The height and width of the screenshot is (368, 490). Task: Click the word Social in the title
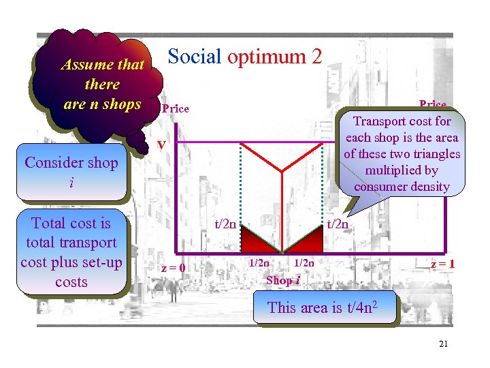point(194,57)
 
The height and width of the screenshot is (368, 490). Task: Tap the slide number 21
point(443,344)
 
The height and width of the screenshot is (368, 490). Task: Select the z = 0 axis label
point(173,268)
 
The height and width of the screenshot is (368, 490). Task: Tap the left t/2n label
point(226,223)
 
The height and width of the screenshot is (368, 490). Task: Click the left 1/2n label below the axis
point(259,263)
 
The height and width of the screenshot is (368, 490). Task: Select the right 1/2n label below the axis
point(304,263)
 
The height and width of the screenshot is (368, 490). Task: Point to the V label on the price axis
point(161,144)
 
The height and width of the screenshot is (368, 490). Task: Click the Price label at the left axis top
point(175,109)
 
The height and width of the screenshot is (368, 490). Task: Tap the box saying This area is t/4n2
point(322,307)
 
